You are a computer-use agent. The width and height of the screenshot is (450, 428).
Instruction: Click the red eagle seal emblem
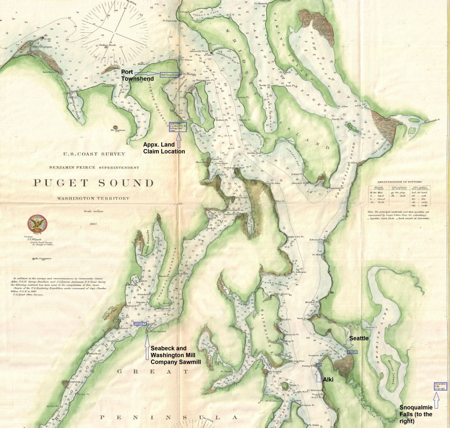[35, 224]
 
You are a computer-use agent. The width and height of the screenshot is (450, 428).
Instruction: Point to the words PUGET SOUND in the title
[93, 183]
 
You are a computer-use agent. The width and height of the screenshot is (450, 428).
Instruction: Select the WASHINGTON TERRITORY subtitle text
[93, 199]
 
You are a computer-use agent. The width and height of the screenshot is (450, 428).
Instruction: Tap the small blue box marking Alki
[319, 365]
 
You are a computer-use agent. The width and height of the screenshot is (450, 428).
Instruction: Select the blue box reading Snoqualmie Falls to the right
[440, 386]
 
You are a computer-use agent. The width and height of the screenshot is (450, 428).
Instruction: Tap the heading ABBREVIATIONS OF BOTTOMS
[401, 182]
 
